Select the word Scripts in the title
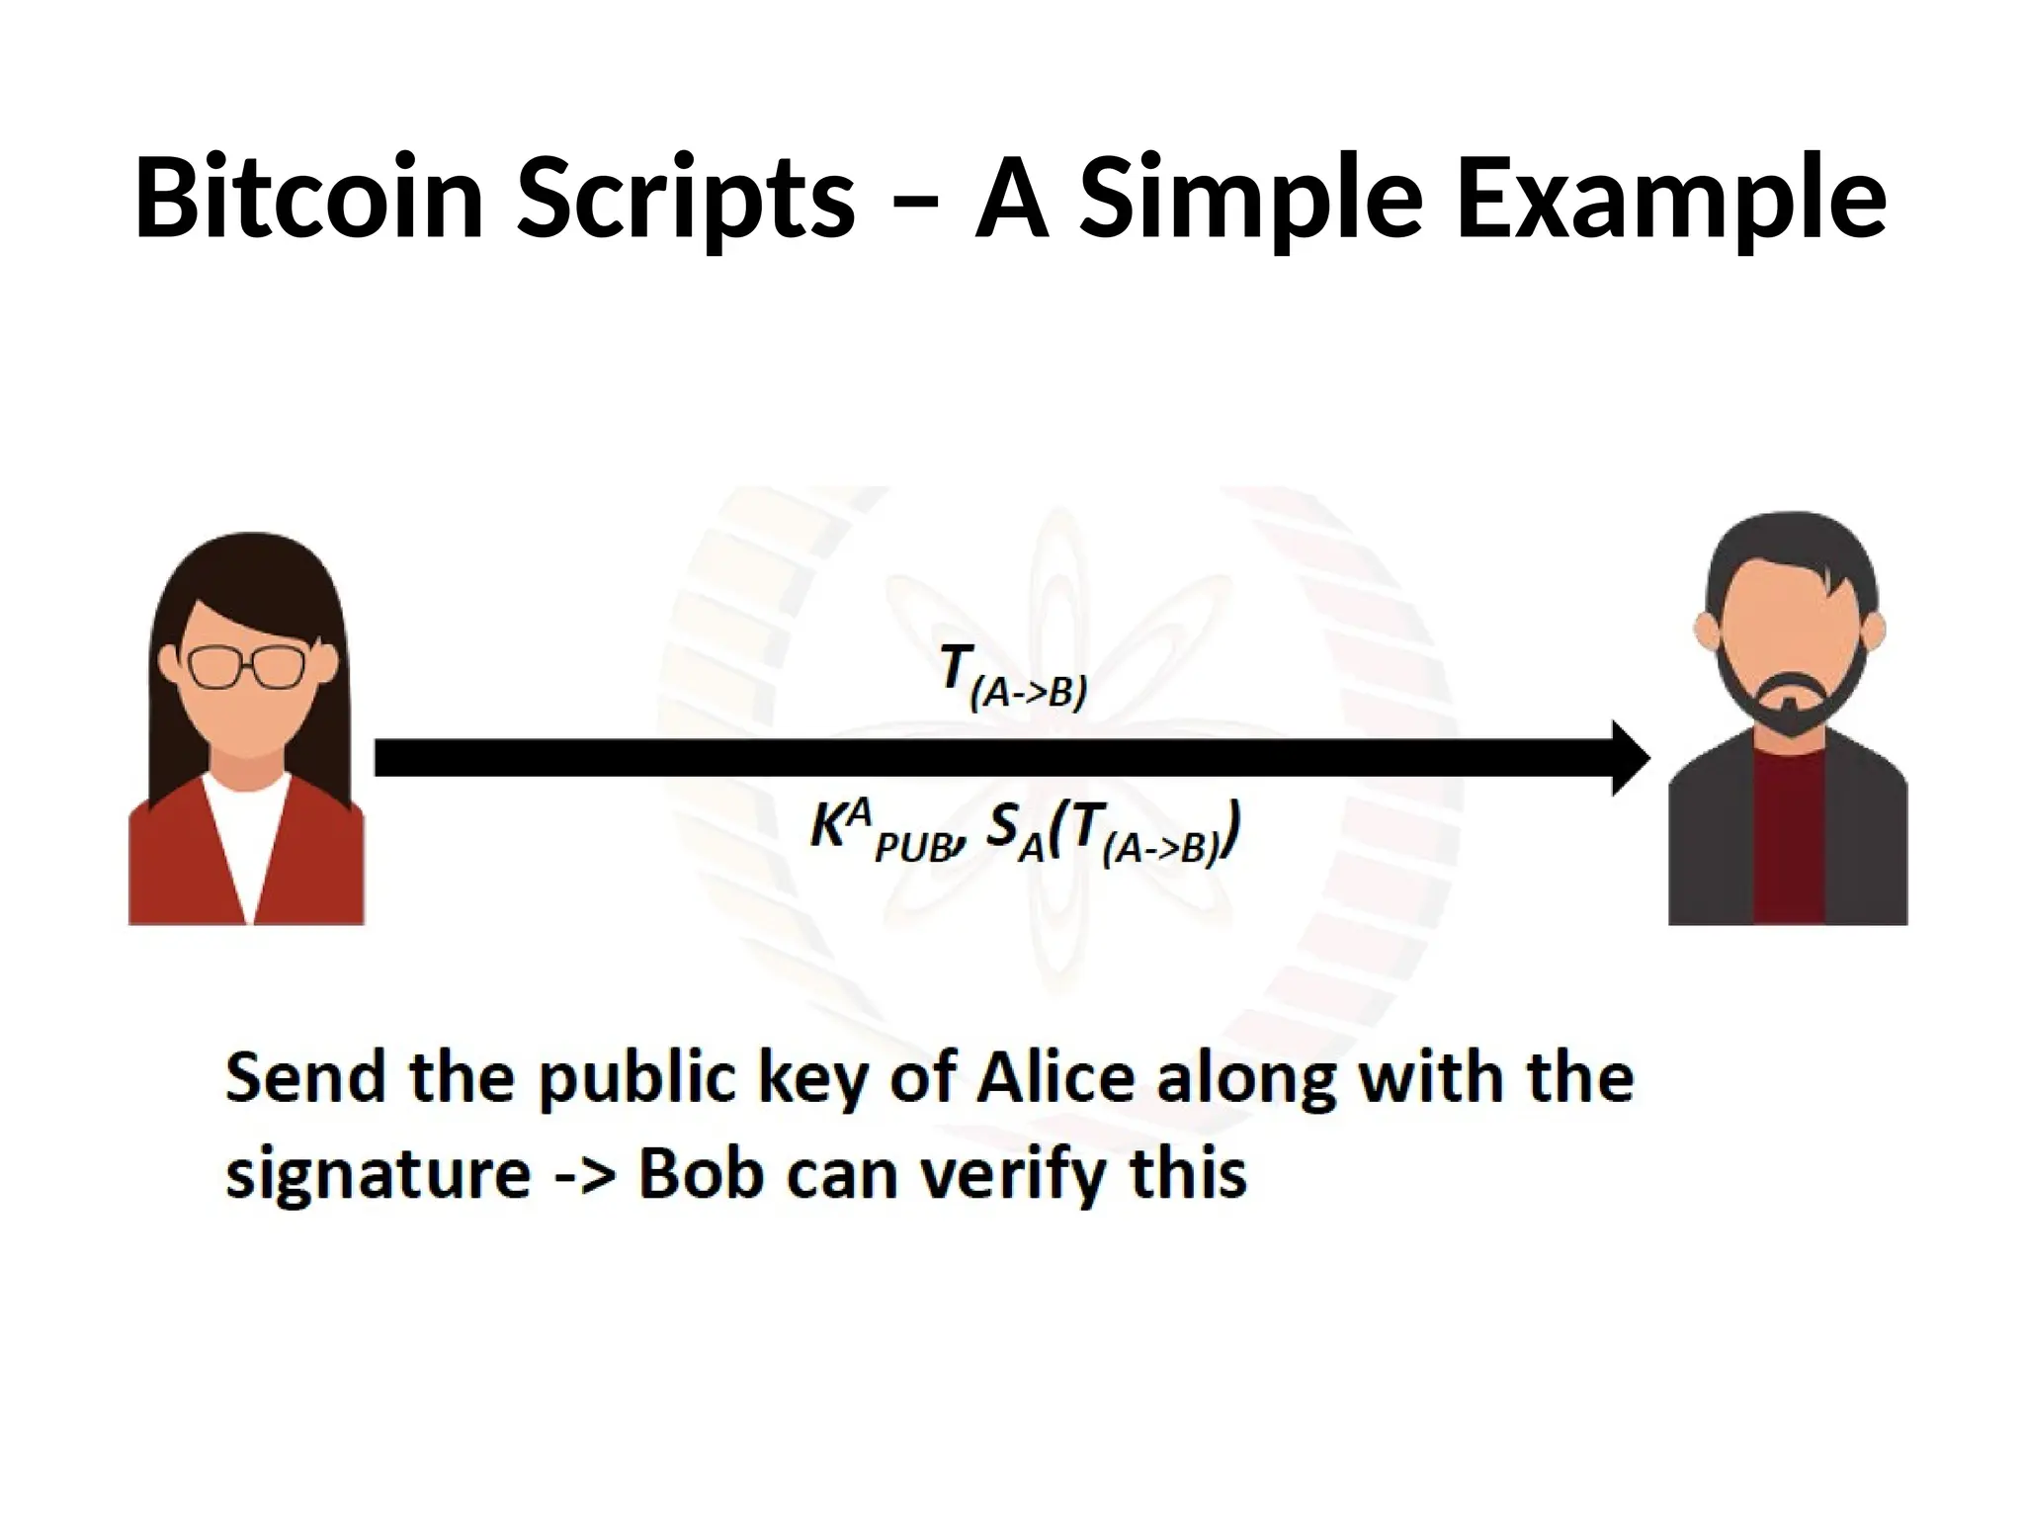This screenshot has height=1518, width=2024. click(686, 203)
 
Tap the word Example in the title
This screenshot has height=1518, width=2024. click(1670, 203)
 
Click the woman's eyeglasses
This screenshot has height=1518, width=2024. click(248, 667)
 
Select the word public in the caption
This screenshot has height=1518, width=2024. click(637, 1079)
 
